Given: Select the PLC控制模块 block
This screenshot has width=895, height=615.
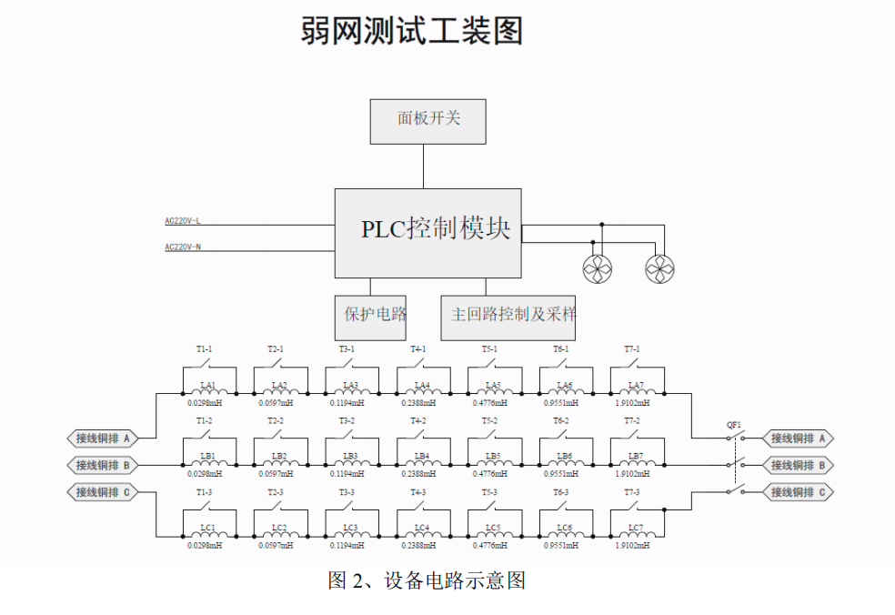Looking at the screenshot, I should (x=427, y=233).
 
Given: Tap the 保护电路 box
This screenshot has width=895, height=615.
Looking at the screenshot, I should (x=370, y=315).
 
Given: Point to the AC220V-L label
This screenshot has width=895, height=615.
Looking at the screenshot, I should (x=183, y=221).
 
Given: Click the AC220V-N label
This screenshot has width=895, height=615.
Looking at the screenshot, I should (x=183, y=247).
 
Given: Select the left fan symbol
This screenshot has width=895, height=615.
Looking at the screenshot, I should (x=597, y=269).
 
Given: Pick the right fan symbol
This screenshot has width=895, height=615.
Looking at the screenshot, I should (x=659, y=269).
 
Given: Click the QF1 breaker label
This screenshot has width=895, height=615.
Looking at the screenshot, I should (x=733, y=425).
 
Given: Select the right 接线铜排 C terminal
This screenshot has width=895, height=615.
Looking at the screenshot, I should (x=798, y=492).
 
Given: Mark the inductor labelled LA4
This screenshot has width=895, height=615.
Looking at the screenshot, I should (x=422, y=385).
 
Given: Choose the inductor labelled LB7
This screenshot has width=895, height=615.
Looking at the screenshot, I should (x=636, y=456).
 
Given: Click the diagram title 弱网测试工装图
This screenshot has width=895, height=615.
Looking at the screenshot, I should (x=412, y=31).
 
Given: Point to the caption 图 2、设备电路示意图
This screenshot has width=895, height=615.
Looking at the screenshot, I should (x=427, y=580).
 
